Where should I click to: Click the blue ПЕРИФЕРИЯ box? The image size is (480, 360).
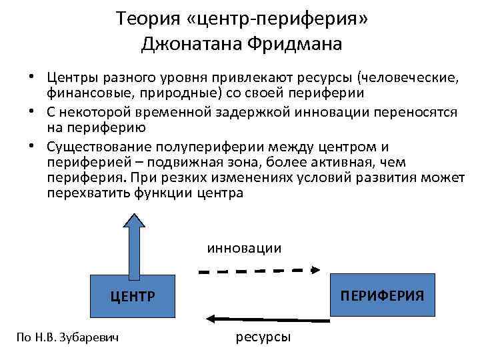coord(382,294)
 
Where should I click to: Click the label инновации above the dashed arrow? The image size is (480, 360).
coord(244,247)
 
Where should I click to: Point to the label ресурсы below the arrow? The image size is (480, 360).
coord(263,337)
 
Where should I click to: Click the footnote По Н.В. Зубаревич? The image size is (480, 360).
coord(67,338)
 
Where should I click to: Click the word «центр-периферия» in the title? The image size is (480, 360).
coord(277,18)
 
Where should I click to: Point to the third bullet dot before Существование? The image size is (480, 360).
coord(32,146)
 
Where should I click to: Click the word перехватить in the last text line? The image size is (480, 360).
coord(85,193)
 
